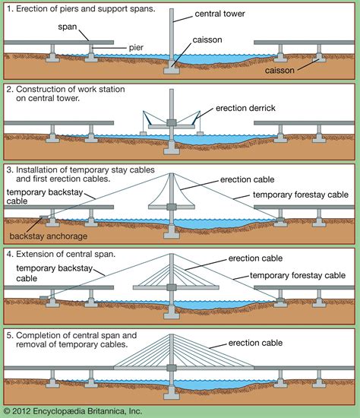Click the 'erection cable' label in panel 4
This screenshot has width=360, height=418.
coord(263,258)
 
